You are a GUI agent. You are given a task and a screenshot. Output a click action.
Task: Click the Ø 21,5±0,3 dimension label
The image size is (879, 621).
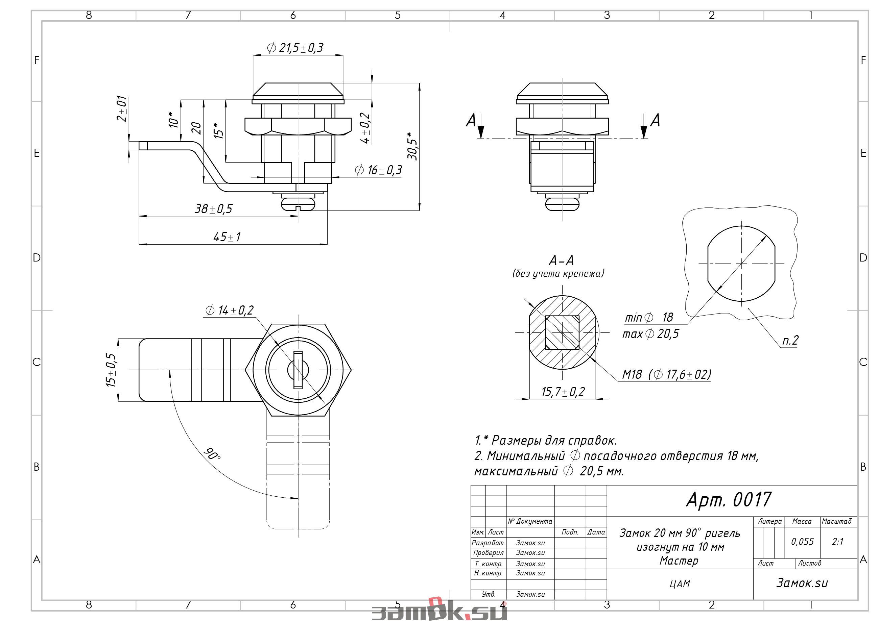tap(295, 48)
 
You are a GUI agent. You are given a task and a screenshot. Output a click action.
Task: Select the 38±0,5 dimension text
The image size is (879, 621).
tap(214, 209)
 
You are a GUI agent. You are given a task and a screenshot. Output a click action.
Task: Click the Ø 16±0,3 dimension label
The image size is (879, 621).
tap(379, 170)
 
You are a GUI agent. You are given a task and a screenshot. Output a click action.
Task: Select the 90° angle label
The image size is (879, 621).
tap(212, 453)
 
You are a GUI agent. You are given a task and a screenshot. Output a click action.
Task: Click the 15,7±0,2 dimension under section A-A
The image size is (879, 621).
tap(563, 392)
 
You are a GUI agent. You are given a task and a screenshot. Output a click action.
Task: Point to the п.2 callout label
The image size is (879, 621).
tap(790, 340)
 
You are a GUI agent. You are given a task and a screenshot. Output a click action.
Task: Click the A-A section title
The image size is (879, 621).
tap(561, 260)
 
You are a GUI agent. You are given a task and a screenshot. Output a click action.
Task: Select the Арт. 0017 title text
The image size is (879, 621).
tap(729, 500)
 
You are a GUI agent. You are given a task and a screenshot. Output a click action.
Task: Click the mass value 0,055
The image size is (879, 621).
tap(803, 541)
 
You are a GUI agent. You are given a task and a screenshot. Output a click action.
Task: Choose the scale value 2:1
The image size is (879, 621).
tap(837, 541)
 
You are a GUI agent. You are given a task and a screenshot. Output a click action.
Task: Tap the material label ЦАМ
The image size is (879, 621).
tap(680, 584)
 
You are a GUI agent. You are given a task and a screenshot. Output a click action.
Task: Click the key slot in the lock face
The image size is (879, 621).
tap(298, 370)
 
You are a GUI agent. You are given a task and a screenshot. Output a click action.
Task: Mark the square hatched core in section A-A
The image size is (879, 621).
tap(562, 332)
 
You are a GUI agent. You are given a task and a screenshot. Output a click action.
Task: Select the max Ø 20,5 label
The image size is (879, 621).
tap(650, 334)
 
